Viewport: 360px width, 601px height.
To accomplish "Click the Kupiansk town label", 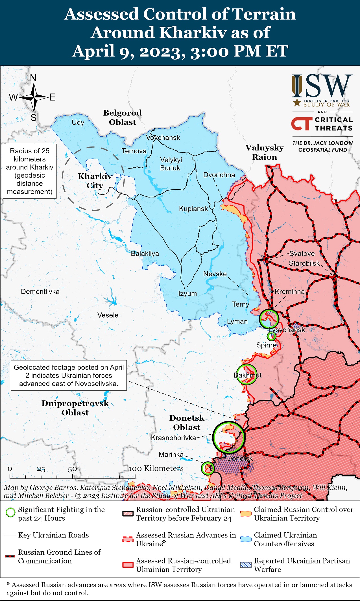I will click(193, 209).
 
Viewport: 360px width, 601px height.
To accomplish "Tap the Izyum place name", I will click(187, 293).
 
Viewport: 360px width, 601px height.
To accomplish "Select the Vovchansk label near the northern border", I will click(163, 138).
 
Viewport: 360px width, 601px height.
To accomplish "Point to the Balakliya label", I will click(145, 253).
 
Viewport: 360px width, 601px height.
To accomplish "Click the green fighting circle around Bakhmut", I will click(246, 374).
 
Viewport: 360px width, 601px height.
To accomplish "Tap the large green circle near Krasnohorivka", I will click(229, 437).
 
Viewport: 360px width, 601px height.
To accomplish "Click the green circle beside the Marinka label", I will click(208, 468).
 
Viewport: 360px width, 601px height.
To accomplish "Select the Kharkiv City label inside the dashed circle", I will click(95, 181).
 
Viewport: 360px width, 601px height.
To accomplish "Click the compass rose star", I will click(34, 97).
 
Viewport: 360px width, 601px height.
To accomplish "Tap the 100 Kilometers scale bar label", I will click(156, 468).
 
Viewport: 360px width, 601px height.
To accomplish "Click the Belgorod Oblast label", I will click(122, 117).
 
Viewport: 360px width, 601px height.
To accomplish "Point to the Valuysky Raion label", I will click(265, 152).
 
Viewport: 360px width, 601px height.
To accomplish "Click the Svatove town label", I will click(302, 253).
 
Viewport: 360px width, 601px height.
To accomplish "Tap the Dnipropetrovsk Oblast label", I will click(75, 408).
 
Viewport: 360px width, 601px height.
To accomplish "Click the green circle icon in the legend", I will click(10, 512).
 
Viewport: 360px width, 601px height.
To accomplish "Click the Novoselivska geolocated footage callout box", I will click(69, 375).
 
